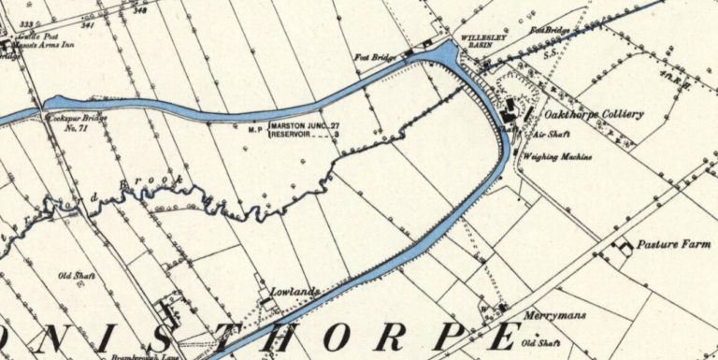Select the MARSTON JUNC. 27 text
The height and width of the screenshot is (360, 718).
point(304,124)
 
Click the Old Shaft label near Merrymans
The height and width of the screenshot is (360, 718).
point(541,339)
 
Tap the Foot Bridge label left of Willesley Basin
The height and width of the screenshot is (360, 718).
point(370,57)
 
